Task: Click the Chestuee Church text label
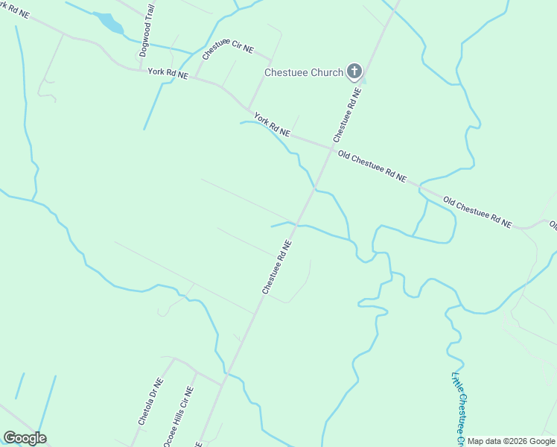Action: pyautogui.click(x=304, y=72)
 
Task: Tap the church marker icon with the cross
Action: pyautogui.click(x=354, y=72)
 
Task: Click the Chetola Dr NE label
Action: pyautogui.click(x=151, y=401)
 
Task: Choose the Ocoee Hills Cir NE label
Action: pyautogui.click(x=179, y=415)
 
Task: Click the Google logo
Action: pyautogui.click(x=25, y=438)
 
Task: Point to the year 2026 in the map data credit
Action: pyautogui.click(x=514, y=441)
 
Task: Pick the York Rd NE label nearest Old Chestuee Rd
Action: pyautogui.click(x=272, y=124)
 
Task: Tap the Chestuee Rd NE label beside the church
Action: pyautogui.click(x=347, y=115)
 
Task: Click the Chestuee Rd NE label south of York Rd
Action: pyautogui.click(x=276, y=266)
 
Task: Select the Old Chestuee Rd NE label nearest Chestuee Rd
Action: pyautogui.click(x=372, y=166)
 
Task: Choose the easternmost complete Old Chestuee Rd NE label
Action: pyautogui.click(x=477, y=212)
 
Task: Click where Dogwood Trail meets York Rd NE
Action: pyautogui.click(x=141, y=71)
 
